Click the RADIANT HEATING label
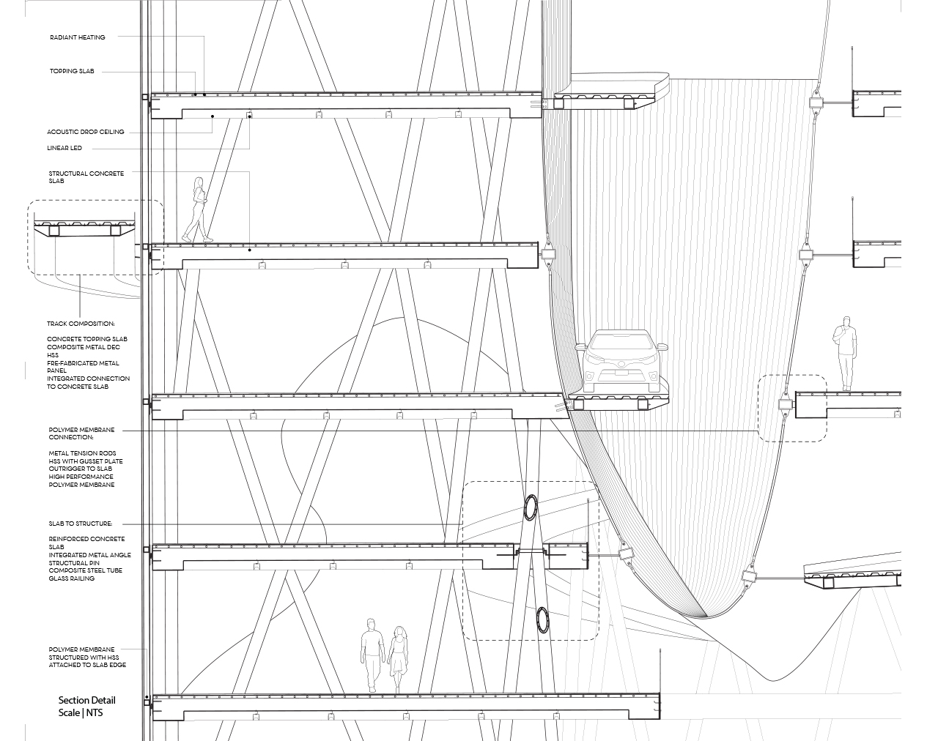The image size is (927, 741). pos(78,37)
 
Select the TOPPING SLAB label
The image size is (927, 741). pos(72,71)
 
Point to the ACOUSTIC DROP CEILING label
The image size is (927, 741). pos(86,132)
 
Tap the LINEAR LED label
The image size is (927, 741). pos(64,148)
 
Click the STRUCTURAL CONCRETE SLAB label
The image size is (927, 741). pos(86,177)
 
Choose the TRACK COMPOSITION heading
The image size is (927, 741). pos(81,324)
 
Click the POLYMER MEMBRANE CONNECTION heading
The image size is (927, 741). pos(81,433)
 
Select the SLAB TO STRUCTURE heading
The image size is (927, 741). pos(81,524)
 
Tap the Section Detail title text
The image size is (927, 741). pos(87,700)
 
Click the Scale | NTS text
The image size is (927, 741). pos(81,712)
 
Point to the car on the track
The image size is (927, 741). pos(621,362)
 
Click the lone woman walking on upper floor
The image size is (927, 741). pos(198,209)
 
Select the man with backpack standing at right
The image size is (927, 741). pos(845,354)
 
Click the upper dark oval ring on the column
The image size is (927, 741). pos(531,507)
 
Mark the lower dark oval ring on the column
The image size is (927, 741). pos(542,620)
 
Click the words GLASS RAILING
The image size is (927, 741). pos(72,578)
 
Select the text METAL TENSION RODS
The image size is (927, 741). pos(82,453)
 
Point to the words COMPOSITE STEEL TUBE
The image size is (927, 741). pos(85,570)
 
